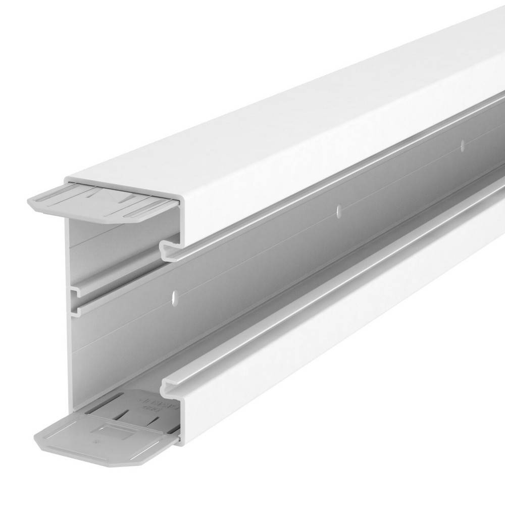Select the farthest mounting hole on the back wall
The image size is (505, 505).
click(x=462, y=145)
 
